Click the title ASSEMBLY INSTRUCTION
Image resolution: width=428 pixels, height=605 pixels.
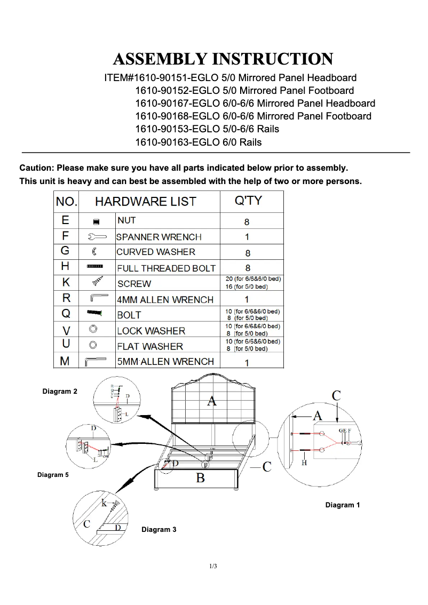click(223, 59)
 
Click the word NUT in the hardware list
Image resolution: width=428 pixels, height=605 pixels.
click(126, 220)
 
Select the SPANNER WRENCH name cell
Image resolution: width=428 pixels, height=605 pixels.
click(158, 237)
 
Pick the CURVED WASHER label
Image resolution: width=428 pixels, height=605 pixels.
click(156, 252)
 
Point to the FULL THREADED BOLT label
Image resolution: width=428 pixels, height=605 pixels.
click(166, 268)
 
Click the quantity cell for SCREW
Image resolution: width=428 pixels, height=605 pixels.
click(251, 283)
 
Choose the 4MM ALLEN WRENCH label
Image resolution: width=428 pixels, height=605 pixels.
click(165, 299)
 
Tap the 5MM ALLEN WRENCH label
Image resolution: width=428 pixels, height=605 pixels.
click(165, 361)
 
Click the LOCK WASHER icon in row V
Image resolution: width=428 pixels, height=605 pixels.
click(93, 329)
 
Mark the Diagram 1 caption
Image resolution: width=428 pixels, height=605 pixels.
click(343, 505)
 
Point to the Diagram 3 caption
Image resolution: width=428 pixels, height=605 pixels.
click(158, 529)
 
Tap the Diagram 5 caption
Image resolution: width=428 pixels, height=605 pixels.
click(53, 474)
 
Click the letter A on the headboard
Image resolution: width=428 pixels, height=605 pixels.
click(212, 401)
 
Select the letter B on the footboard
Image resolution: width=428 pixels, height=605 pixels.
click(200, 477)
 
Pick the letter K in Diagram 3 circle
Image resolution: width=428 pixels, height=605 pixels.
click(105, 503)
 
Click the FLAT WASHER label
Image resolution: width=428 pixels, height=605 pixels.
click(150, 346)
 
